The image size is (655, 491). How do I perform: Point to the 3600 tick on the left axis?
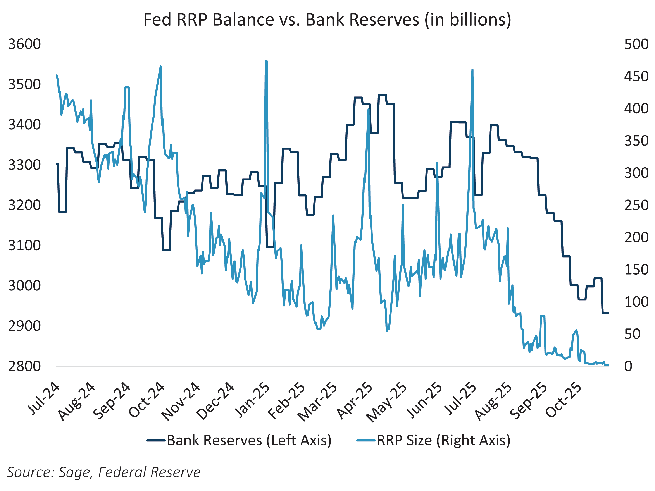pos(24,44)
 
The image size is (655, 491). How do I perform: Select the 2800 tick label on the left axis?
pos(24,366)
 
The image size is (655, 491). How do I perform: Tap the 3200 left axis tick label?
pos(24,205)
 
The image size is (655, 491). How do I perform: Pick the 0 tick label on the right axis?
pos(628,366)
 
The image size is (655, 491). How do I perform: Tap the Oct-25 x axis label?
pos(564,400)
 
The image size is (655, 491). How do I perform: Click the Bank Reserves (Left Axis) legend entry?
pos(239,440)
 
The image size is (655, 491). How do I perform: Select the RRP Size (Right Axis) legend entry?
pos(434,440)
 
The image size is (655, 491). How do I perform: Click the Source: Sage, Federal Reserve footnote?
pos(103,472)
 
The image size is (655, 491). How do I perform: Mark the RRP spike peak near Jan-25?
pos(266,62)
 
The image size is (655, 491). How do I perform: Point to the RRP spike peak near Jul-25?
pos(472,70)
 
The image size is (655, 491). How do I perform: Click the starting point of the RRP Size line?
pos(57,76)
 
